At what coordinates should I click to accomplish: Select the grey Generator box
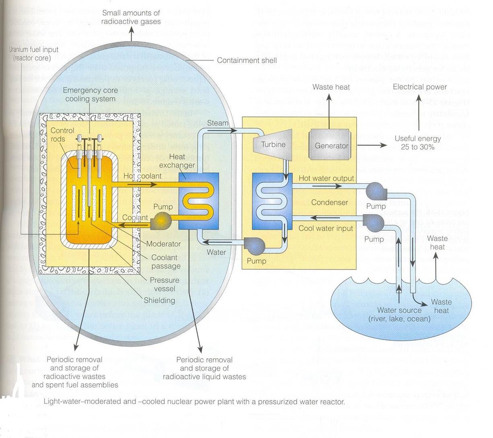click(x=331, y=145)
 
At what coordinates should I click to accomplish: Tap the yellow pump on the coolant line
click(x=162, y=221)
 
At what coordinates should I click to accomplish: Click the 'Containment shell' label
click(x=247, y=60)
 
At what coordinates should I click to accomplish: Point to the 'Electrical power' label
click(x=420, y=87)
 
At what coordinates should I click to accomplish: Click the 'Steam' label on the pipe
click(x=217, y=123)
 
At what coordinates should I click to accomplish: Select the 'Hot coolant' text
click(x=142, y=176)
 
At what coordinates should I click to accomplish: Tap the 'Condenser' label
click(x=329, y=202)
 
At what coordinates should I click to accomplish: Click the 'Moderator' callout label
click(x=163, y=244)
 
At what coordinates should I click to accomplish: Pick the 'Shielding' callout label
click(x=159, y=300)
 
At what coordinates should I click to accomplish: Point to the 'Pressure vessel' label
click(x=164, y=284)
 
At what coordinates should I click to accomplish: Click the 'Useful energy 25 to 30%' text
click(x=418, y=143)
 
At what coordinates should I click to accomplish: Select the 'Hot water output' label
click(x=326, y=178)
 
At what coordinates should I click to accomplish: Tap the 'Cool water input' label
click(x=326, y=228)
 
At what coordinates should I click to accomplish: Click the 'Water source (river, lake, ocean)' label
click(x=399, y=314)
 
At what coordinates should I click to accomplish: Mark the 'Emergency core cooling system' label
click(x=90, y=95)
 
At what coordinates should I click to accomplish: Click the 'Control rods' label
click(x=62, y=134)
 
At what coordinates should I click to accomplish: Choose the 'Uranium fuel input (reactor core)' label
click(x=34, y=54)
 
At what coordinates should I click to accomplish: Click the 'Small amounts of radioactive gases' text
click(x=131, y=17)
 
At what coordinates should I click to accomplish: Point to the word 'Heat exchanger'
click(x=177, y=161)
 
